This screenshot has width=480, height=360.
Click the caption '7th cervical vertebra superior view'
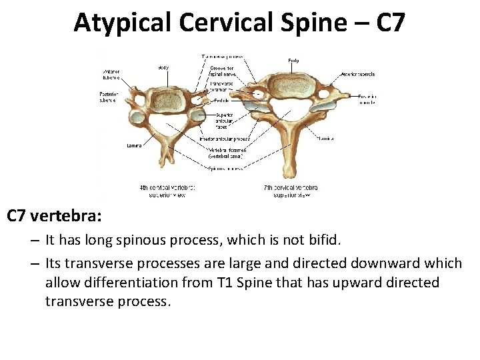click(290, 191)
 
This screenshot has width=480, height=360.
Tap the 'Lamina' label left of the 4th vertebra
click(133, 145)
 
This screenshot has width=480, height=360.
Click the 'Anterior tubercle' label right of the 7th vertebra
click(359, 73)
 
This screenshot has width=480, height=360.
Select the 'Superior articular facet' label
click(224, 119)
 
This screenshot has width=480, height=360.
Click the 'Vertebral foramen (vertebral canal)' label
click(227, 153)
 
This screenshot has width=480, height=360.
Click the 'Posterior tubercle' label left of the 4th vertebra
click(109, 97)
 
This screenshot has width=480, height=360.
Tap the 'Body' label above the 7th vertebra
click(293, 61)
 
